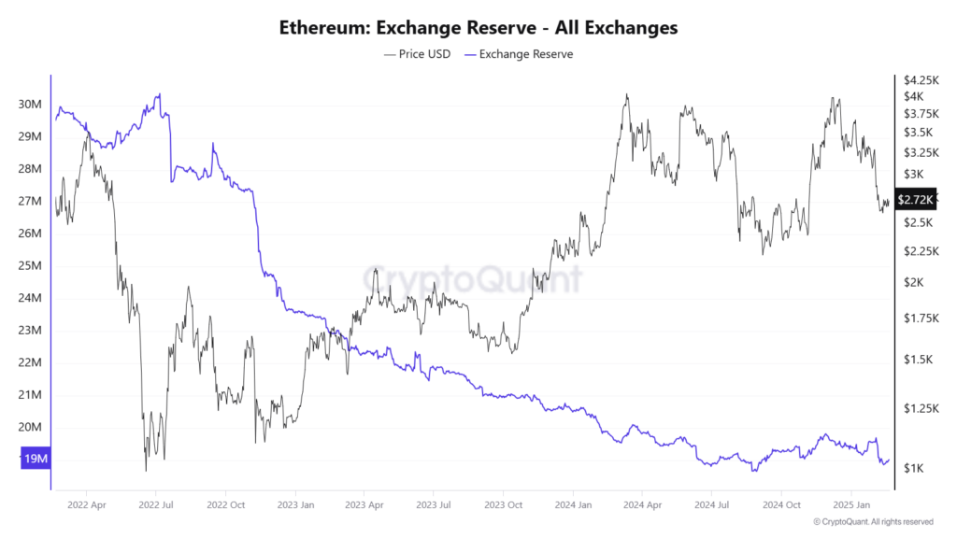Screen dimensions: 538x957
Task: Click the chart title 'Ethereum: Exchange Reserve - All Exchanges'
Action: (x=478, y=28)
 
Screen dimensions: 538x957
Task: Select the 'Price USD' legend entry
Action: (x=417, y=54)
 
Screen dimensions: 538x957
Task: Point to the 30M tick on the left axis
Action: (x=29, y=104)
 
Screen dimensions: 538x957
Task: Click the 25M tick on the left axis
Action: (x=29, y=265)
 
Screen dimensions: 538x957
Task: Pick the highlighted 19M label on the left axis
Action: (x=34, y=460)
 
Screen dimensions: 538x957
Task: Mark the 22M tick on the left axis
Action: (x=29, y=362)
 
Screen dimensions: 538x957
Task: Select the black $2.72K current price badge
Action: (x=914, y=199)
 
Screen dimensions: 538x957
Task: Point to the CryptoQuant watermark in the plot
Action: (x=472, y=277)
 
